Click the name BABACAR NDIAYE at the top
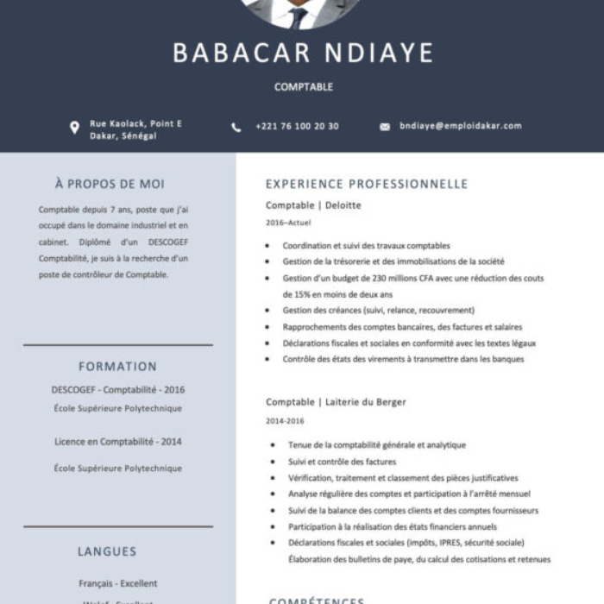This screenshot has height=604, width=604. tap(303, 53)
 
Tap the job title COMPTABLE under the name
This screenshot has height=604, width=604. tap(303, 87)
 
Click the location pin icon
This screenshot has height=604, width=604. tap(74, 128)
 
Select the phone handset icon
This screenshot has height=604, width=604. tap(236, 127)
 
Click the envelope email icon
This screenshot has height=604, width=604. tap(385, 127)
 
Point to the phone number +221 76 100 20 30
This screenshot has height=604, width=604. tap(297, 127)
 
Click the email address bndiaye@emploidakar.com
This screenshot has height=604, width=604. tap(461, 126)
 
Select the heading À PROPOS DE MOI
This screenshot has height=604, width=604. tap(110, 184)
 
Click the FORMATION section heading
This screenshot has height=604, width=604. tap(117, 367)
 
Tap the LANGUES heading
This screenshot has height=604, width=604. tap(107, 551)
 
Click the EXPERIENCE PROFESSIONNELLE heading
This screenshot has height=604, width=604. tap(367, 184)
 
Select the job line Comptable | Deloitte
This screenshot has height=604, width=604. tap(313, 205)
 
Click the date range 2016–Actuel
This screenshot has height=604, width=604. tap(288, 223)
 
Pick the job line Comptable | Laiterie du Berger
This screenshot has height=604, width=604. tap(336, 402)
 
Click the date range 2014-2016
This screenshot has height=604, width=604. tap(285, 421)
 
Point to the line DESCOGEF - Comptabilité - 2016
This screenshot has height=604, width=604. tap(118, 390)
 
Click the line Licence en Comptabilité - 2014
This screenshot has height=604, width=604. tap(118, 442)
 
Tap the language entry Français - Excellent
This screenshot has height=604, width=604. tap(118, 583)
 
